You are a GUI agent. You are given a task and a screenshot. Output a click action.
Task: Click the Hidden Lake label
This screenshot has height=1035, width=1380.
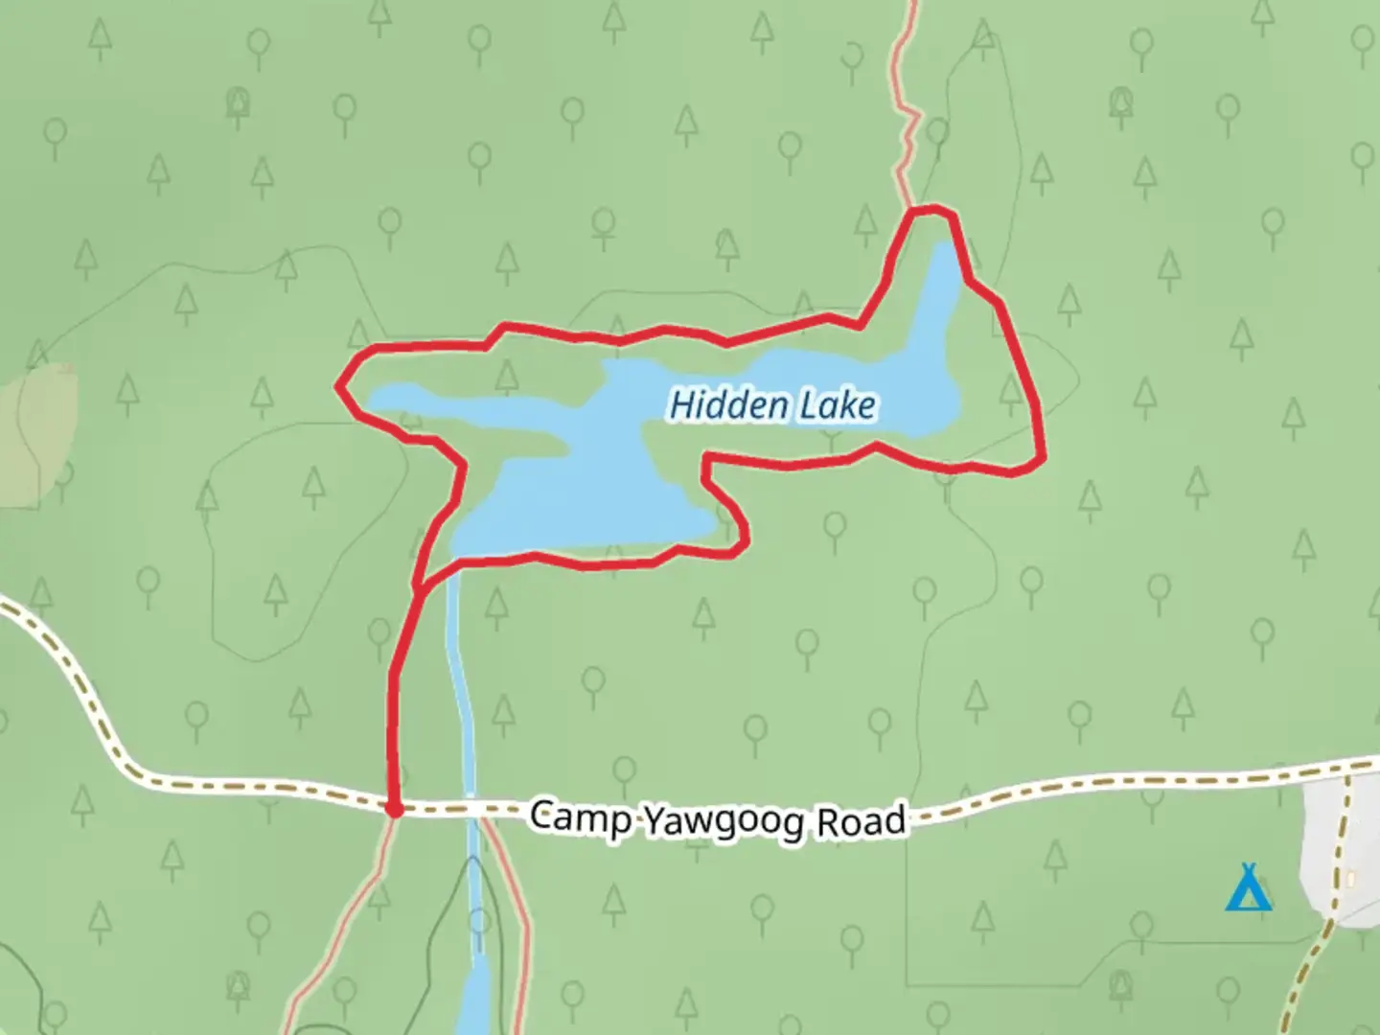[771, 405]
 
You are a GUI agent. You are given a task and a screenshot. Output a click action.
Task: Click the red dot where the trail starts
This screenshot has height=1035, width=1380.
[393, 810]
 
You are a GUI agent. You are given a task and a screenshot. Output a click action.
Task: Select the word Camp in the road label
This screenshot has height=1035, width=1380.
[581, 818]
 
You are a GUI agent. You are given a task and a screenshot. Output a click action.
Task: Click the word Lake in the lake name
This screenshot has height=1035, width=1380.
[838, 406]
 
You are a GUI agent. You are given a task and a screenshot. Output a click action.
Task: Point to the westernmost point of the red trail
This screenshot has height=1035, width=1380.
[338, 386]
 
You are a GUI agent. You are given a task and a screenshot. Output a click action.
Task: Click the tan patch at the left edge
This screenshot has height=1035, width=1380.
[38, 431]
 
